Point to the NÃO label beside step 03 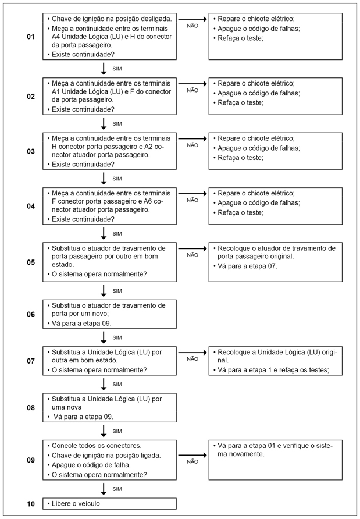click(193, 145)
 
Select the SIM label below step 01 click(117, 68)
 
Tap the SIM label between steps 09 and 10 click(117, 488)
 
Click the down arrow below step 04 click(104, 233)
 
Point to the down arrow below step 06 click(104, 337)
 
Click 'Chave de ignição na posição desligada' click(111, 19)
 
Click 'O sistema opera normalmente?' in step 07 click(99, 370)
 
